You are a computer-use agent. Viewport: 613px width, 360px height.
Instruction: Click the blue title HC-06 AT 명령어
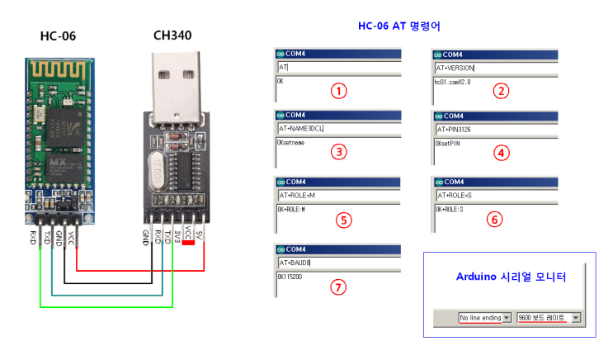398,26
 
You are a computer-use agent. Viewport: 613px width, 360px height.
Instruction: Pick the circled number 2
500,91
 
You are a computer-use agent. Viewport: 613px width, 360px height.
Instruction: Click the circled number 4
500,152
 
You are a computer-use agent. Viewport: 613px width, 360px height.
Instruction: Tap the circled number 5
343,220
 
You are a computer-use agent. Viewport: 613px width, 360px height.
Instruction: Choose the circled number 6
493,220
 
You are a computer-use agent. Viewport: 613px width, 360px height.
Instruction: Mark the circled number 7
337,288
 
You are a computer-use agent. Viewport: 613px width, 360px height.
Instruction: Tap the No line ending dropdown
485,317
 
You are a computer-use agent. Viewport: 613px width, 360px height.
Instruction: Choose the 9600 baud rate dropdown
549,317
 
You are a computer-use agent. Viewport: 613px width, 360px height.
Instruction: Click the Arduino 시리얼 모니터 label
511,277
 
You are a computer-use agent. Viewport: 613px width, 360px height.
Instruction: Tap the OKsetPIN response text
449,143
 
